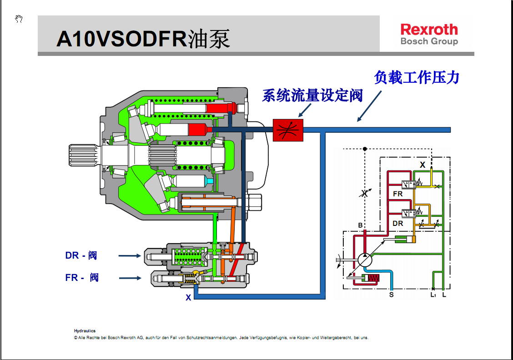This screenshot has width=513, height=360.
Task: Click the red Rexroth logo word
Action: point(429,30)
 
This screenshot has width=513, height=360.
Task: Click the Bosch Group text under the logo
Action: point(429,41)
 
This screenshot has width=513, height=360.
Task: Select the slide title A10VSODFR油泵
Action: point(143,39)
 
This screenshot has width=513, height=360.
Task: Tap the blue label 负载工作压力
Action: point(416,77)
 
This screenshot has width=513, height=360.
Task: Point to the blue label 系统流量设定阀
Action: point(312,95)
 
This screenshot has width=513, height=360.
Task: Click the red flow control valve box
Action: point(287,130)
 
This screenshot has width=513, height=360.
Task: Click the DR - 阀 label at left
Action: point(81,255)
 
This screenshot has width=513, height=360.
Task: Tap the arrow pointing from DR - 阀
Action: point(130,256)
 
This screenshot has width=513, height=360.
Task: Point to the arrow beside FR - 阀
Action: point(130,278)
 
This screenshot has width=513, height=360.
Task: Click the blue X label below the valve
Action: point(188,298)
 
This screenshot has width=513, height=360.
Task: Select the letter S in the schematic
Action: point(391,295)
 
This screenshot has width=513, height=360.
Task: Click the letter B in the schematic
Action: point(360,225)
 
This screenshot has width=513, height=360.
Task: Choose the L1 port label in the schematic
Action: point(433,295)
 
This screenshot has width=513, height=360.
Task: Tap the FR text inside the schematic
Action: point(397,194)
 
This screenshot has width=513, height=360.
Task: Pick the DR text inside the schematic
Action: point(397,223)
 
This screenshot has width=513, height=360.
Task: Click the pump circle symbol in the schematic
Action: point(365,260)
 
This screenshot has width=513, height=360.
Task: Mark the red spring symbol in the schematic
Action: point(373,278)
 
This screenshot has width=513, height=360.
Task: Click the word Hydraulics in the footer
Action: point(85,331)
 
